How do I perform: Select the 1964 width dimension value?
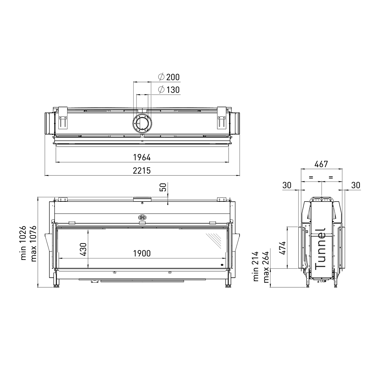tap(142, 157)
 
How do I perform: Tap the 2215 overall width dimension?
tap(142, 170)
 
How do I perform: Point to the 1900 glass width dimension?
tap(142, 253)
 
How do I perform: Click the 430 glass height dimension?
tap(83, 249)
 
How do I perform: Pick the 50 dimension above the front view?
tap(163, 187)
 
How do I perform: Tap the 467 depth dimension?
tap(321, 164)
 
